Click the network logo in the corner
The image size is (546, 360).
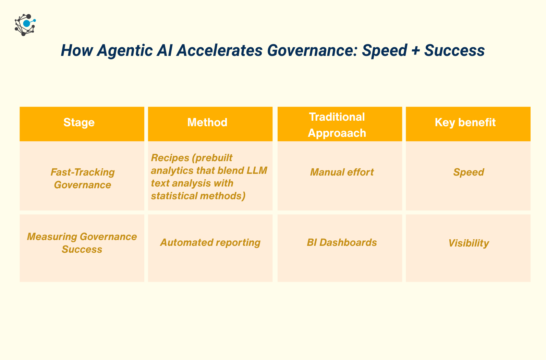tap(25, 25)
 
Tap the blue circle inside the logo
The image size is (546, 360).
tap(26, 23)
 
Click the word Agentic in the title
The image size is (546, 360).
tap(125, 51)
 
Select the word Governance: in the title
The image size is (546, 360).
tap(312, 50)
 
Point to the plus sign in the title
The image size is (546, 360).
tap(416, 51)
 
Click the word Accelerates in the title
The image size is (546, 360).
tap(220, 50)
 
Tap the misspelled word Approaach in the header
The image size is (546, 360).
tap(337, 133)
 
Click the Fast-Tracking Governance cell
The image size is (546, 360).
tap(82, 176)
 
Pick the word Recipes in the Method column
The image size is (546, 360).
tap(170, 158)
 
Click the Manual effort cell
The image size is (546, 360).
tap(340, 176)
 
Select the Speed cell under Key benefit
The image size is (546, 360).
tap(468, 176)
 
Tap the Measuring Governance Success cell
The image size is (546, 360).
tap(82, 248)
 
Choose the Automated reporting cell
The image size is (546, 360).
tap(210, 248)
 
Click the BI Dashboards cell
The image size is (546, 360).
tap(340, 248)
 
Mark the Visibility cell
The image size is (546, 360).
tap(468, 248)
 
